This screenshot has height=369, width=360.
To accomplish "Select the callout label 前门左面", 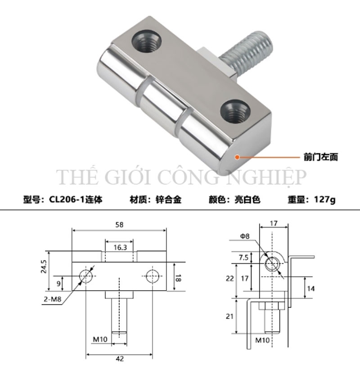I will [320, 157].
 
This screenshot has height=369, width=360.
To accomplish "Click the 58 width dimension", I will [119, 224].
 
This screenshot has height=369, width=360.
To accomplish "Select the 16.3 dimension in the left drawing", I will [120, 247].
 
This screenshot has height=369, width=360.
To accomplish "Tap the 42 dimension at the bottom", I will [119, 359].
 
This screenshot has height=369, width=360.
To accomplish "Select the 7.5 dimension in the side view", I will [243, 257].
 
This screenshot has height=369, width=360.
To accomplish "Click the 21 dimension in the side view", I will [230, 317].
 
